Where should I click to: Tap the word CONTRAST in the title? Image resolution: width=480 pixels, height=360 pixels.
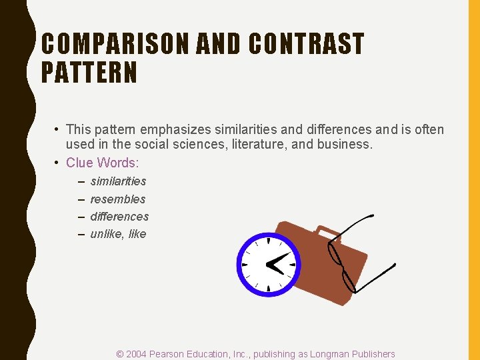click(x=306, y=45)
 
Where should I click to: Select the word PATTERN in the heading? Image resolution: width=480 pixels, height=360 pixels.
click(x=89, y=73)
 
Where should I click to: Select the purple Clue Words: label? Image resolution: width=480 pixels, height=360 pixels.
click(x=102, y=163)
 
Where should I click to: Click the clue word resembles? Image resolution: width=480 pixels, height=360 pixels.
click(x=117, y=199)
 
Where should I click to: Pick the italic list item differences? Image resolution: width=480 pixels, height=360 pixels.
click(x=119, y=217)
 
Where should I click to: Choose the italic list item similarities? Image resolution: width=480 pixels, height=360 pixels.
click(x=118, y=181)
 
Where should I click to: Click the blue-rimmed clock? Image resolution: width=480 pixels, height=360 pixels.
click(x=268, y=265)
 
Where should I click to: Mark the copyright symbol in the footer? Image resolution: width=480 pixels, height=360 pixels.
click(x=120, y=354)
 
